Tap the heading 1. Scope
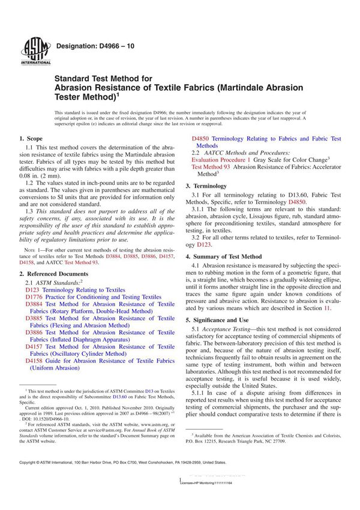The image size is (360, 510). pyautogui.click(x=31, y=139)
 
